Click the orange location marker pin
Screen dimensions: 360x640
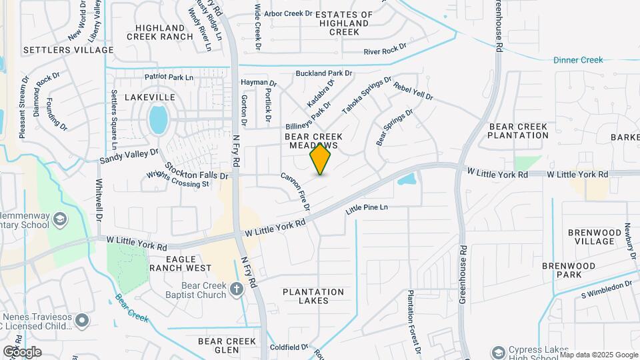coord(321,159)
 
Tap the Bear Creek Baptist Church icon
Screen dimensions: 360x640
coord(236,289)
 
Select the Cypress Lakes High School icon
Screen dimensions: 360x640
coord(498,351)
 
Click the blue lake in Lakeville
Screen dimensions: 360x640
coord(159,120)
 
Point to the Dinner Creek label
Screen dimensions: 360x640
coord(578,60)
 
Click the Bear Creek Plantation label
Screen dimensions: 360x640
coord(518,131)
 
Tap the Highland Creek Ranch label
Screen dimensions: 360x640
coord(163,32)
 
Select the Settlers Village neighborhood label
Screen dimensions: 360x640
coord(69,50)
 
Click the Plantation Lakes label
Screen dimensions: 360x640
coord(313,296)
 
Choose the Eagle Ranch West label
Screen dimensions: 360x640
coord(181,263)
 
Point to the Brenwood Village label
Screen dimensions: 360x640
coord(595,237)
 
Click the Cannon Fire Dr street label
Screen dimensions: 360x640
coord(295,191)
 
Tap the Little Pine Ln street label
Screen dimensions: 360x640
coord(367,209)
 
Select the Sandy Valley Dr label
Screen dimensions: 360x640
coord(129,156)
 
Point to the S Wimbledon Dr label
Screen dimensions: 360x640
coord(606,290)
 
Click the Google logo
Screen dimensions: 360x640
coord(22,351)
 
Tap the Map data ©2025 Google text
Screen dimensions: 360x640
coord(598,355)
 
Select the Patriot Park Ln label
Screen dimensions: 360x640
coord(163,77)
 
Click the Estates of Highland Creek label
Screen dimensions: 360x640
coord(344,23)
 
